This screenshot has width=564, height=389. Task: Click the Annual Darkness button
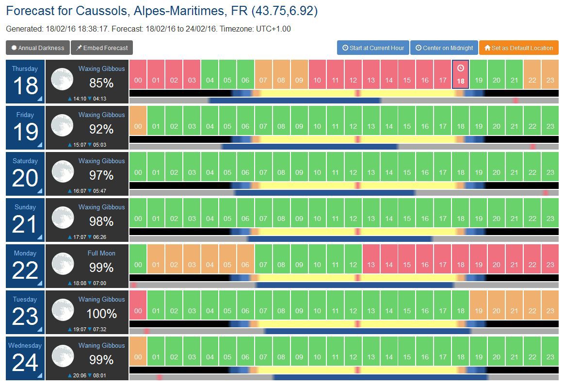click(38, 48)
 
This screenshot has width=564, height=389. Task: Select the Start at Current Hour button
click(373, 48)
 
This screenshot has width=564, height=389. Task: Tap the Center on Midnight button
click(444, 48)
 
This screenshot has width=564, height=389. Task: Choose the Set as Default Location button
click(518, 48)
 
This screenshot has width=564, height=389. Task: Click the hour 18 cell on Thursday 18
click(461, 74)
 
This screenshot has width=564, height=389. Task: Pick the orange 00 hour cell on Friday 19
click(138, 120)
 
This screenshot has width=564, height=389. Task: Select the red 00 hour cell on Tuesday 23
click(138, 304)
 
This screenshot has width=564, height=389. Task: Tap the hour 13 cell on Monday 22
click(371, 258)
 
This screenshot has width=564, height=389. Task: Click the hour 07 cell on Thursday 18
click(263, 74)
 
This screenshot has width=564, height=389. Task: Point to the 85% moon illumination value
click(101, 83)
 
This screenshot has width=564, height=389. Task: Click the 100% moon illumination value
click(101, 314)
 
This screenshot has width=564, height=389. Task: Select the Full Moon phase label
click(101, 253)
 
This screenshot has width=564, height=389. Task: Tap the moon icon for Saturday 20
click(63, 172)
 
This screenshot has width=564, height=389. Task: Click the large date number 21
click(25, 224)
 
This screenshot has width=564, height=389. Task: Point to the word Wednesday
click(25, 345)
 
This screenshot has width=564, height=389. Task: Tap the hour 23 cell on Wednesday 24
click(550, 351)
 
